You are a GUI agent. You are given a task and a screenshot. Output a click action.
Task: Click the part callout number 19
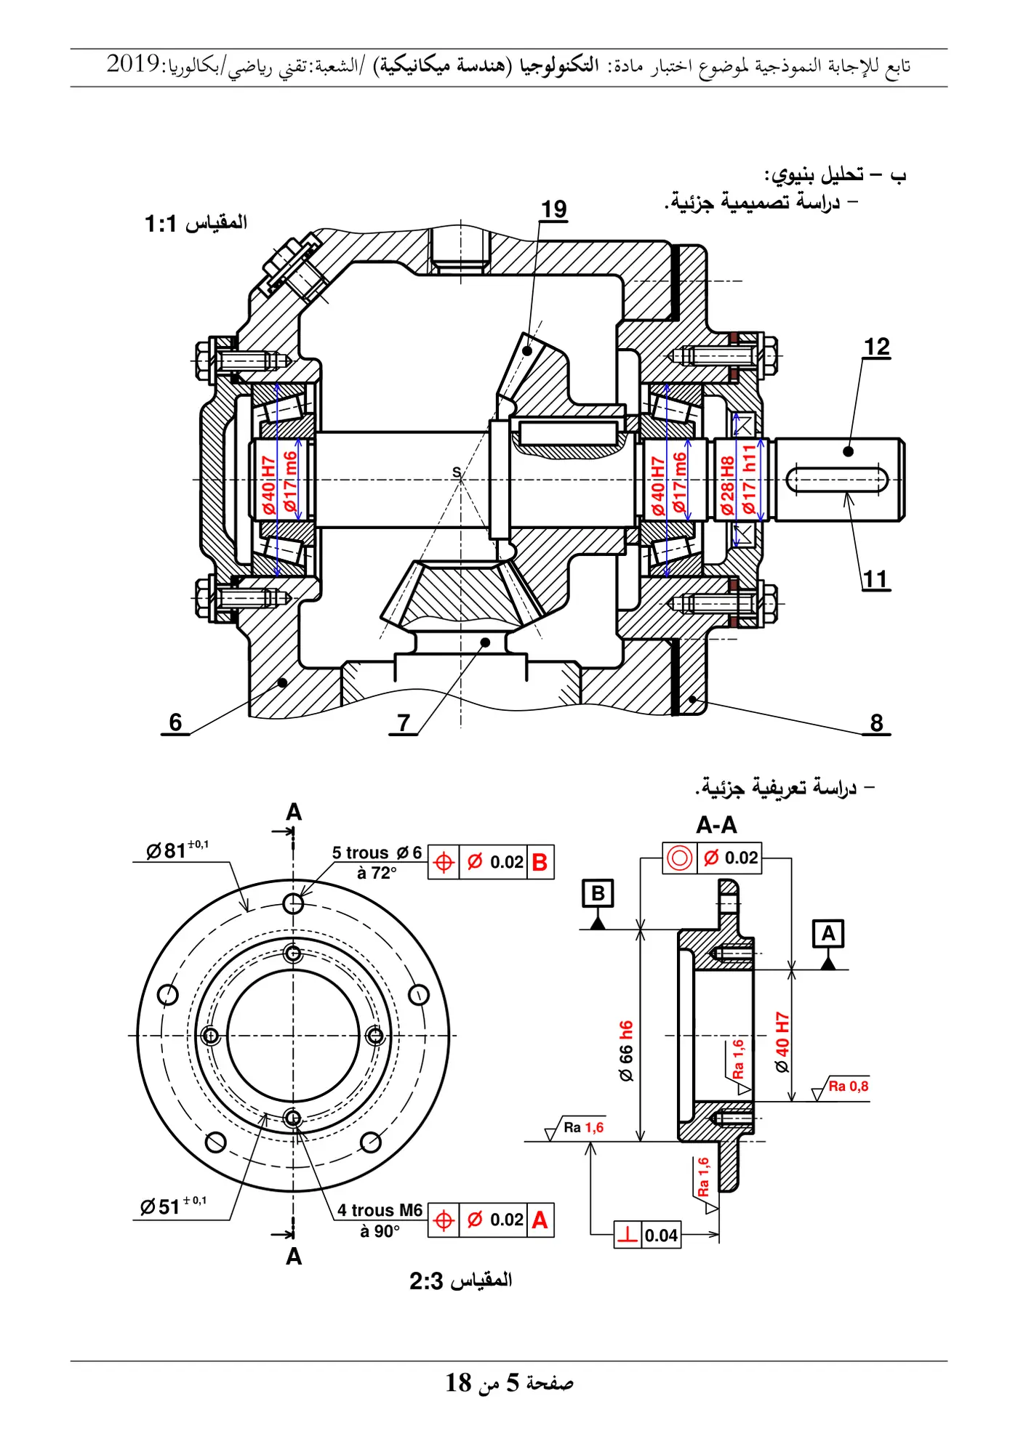553,209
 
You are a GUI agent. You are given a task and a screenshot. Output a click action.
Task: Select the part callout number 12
876,347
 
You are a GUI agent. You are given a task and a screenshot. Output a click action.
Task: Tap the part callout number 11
875,579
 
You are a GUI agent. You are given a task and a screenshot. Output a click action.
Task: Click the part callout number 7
404,722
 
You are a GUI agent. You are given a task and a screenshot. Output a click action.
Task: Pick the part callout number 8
876,722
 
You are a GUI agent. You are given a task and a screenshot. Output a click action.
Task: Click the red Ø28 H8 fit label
727,485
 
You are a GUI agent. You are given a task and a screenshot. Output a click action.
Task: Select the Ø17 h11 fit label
749,480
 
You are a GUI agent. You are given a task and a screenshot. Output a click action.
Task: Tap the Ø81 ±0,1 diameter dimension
177,849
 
